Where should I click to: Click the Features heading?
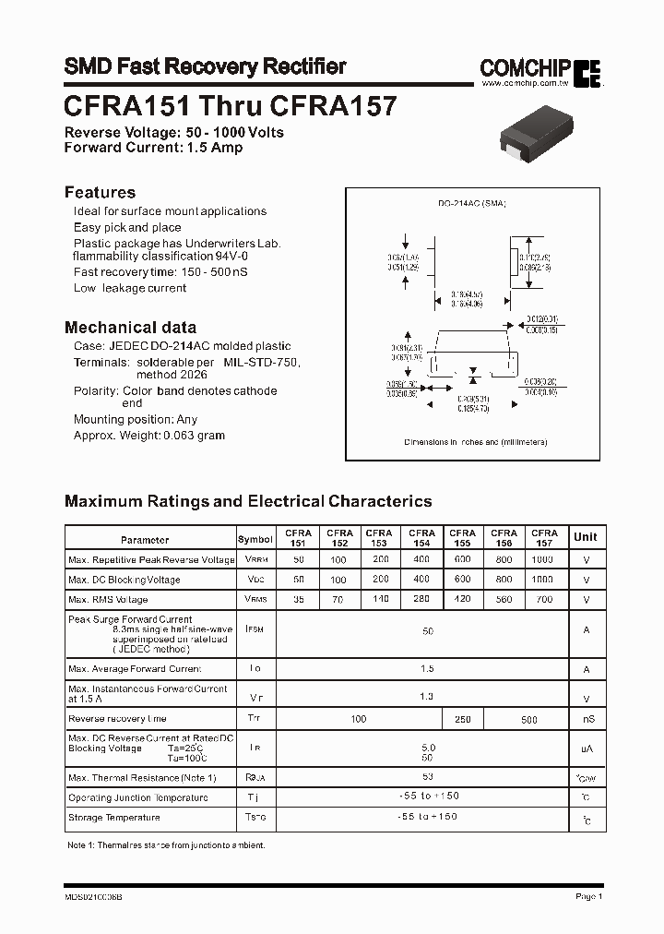100,192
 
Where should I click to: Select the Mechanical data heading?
130,327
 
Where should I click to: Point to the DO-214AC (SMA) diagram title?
472,202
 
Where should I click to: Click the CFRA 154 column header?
421,538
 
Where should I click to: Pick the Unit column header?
585,537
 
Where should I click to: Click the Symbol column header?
255,540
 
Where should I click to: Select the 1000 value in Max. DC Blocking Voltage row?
543,580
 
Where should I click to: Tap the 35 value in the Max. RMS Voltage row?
298,599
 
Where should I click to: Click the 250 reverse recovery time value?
462,719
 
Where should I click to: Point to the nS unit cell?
585,719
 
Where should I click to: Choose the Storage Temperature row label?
113,818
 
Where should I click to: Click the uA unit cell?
585,749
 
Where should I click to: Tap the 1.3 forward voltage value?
427,697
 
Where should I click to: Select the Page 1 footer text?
587,896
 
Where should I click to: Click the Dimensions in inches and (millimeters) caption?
476,442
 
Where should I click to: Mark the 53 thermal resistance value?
427,777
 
